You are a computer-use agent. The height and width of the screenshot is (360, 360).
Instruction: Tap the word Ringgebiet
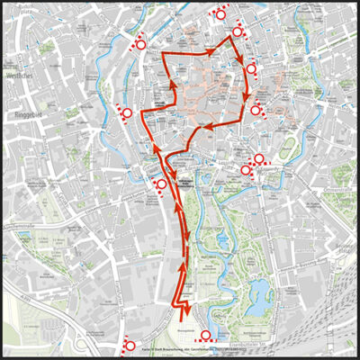click(23, 115)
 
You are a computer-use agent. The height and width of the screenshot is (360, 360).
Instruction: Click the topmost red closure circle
click(219, 13)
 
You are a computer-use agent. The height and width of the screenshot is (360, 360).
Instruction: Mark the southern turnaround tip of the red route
click(185, 316)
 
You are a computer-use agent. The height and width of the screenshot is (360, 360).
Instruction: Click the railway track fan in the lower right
click(328, 319)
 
